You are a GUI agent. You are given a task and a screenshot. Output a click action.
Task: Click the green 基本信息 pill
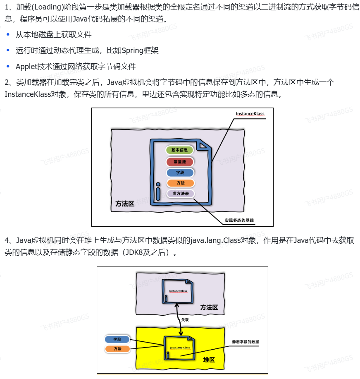[179, 150]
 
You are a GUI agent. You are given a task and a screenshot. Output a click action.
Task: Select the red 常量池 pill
[179, 161]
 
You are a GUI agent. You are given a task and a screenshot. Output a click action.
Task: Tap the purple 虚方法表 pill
[180, 194]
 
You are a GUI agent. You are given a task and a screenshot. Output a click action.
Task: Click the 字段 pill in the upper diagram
[180, 173]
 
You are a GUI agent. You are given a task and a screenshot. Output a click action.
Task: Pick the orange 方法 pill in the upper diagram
[180, 183]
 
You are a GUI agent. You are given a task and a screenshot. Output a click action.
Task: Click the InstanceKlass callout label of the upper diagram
[250, 114]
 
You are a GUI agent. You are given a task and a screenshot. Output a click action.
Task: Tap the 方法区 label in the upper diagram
[125, 204]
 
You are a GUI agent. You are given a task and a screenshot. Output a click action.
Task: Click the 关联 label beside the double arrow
[185, 320]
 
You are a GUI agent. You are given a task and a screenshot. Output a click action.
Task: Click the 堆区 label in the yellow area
[209, 360]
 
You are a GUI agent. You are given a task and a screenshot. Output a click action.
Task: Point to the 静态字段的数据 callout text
[246, 342]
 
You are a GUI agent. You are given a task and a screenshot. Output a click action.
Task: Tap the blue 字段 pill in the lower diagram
[117, 339]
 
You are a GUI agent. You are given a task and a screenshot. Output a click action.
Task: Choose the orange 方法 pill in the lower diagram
[117, 349]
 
